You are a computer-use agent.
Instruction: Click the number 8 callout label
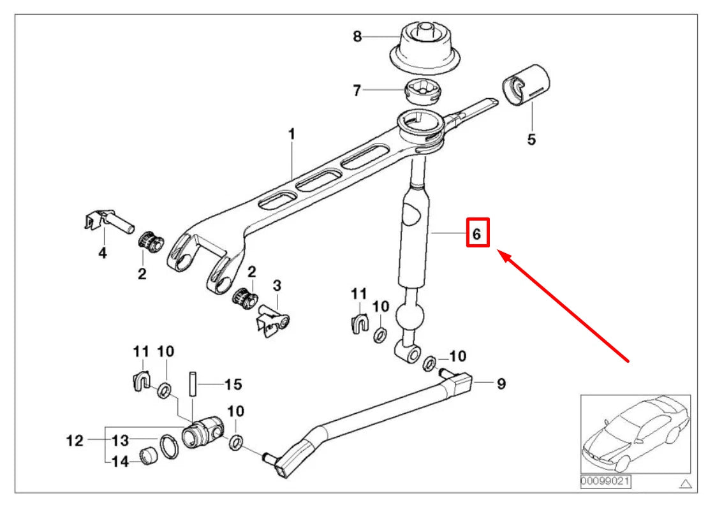point(357,37)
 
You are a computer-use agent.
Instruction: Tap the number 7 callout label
point(357,91)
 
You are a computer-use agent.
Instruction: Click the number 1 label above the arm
point(291,135)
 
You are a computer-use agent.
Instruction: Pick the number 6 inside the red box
point(477,234)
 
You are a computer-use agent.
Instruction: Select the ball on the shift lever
point(409,317)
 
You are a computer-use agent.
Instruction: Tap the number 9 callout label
point(501,384)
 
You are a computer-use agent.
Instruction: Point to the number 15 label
point(233,384)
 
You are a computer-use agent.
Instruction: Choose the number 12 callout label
point(75,440)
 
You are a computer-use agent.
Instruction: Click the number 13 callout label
point(120,440)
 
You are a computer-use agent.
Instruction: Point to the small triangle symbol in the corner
point(686,483)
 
